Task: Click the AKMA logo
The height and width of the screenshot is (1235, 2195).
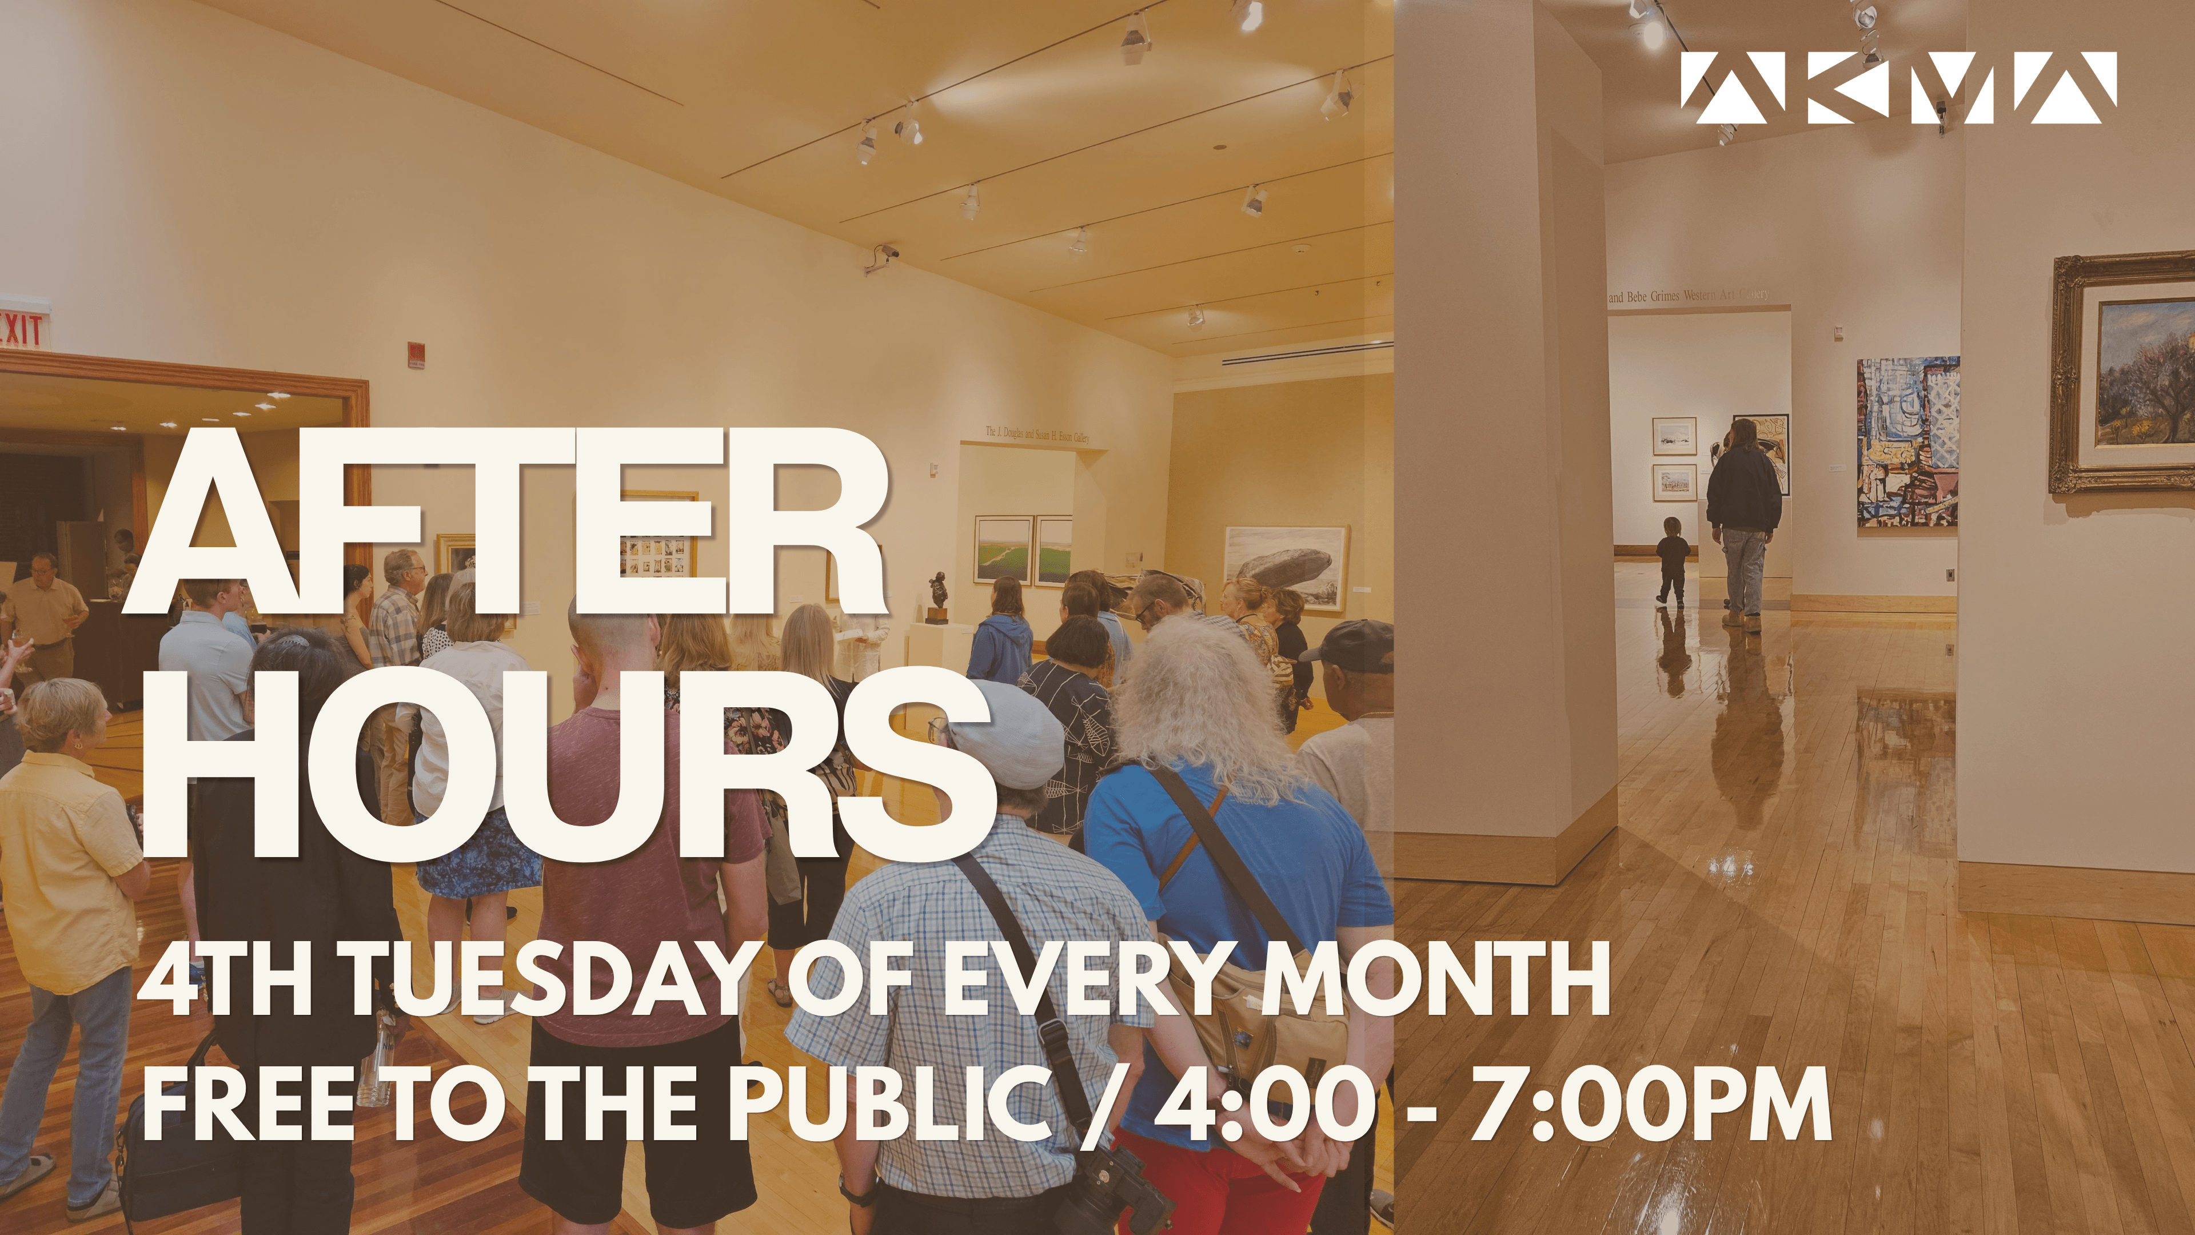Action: coord(1898,88)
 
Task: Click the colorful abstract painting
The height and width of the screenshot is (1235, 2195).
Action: coord(1907,441)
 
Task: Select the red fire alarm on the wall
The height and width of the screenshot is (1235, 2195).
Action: coord(416,352)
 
